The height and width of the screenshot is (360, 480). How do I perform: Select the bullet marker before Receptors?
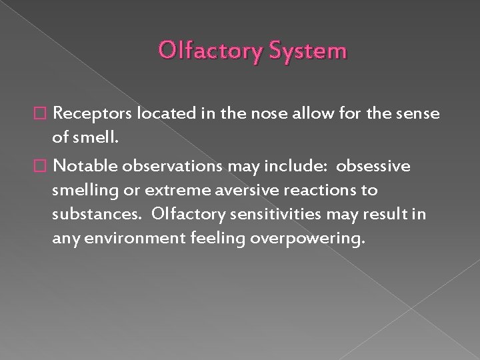coord(45,114)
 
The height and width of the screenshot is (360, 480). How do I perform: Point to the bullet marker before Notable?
coord(45,165)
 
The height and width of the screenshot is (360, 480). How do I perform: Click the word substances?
coord(91,215)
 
